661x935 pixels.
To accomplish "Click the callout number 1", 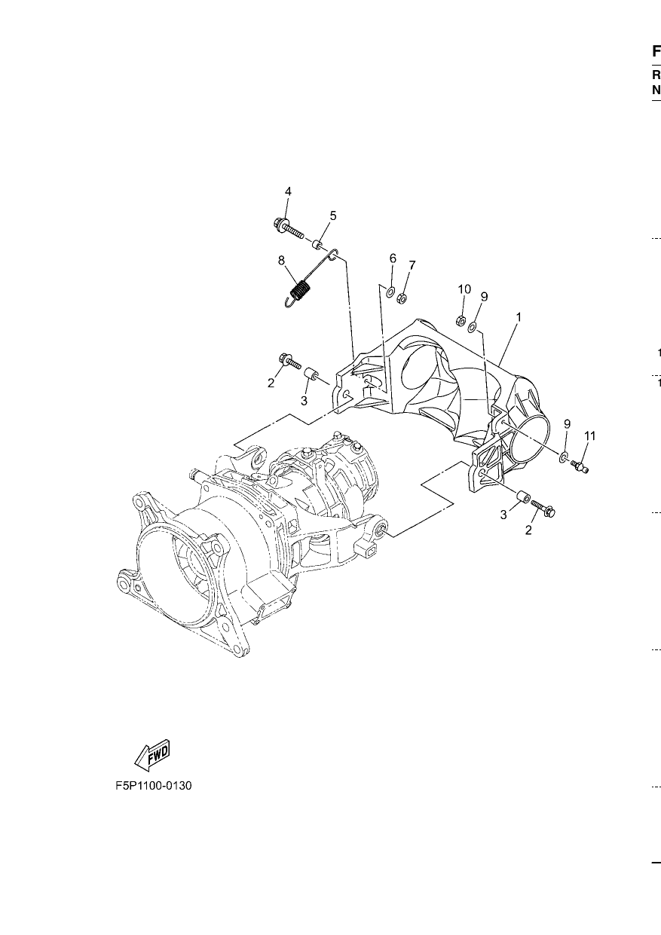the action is tap(519, 318).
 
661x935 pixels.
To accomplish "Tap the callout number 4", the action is tap(288, 191).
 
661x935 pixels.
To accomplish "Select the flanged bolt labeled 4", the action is tap(288, 227).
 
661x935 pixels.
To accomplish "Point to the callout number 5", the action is tap(333, 215).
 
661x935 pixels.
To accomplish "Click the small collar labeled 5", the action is tap(319, 244).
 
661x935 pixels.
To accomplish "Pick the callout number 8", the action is tap(281, 261).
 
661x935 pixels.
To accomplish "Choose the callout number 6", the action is tap(393, 258).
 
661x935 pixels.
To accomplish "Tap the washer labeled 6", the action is tap(390, 292).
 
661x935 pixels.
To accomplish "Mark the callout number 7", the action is tap(412, 265).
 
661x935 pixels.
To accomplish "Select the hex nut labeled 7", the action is tap(402, 298).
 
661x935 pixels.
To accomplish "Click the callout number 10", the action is tap(464, 289).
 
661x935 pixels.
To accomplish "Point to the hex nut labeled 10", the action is tap(461, 322).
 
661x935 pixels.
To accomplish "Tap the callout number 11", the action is tap(589, 435).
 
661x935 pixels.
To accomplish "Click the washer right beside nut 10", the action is tap(473, 326).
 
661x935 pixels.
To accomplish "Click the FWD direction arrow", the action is tap(152, 756).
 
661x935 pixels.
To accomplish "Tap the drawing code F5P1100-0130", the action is tap(154, 786).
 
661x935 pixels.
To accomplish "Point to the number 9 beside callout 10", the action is tap(484, 297).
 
